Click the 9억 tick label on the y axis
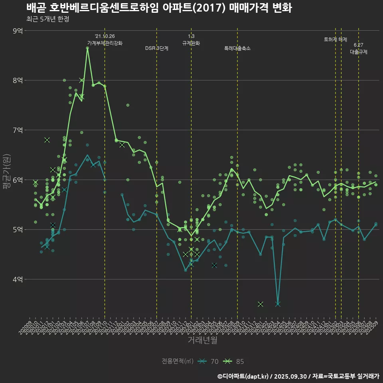[x=18, y=31]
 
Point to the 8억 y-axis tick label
[x=18, y=80]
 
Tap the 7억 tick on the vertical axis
[x=18, y=130]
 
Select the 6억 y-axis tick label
[x=18, y=180]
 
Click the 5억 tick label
[x=18, y=230]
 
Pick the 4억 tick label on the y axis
[x=18, y=279]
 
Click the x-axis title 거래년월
[x=202, y=340]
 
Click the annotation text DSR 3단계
[x=157, y=48]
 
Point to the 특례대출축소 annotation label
[x=237, y=48]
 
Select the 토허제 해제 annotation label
[x=336, y=39]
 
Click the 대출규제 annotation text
[x=359, y=52]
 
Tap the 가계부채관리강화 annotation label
[x=105, y=43]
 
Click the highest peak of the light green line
[x=87, y=48]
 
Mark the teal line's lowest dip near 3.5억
[x=278, y=304]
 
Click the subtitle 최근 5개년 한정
[x=48, y=19]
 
